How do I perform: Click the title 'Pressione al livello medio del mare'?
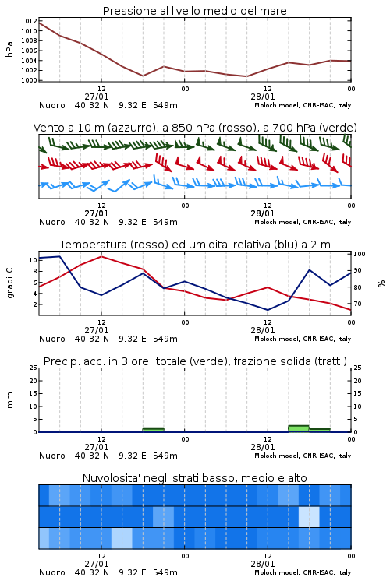(194, 11)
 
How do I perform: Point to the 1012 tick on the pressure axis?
(29, 21)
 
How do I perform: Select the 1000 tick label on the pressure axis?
(29, 80)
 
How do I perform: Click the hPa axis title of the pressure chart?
(9, 49)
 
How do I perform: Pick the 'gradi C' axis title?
(9, 283)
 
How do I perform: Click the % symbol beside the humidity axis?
(381, 283)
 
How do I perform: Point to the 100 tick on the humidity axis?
(360, 254)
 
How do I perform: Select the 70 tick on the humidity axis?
(357, 304)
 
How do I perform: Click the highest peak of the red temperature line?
(101, 256)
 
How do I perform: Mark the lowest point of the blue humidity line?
(268, 310)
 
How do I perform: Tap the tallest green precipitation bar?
(299, 429)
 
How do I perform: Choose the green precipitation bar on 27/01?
(154, 430)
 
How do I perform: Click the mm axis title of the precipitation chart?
(9, 400)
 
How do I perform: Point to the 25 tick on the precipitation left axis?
(33, 368)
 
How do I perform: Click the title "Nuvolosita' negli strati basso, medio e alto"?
(194, 478)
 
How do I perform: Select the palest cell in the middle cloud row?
(309, 516)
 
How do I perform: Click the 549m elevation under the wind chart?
(165, 222)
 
